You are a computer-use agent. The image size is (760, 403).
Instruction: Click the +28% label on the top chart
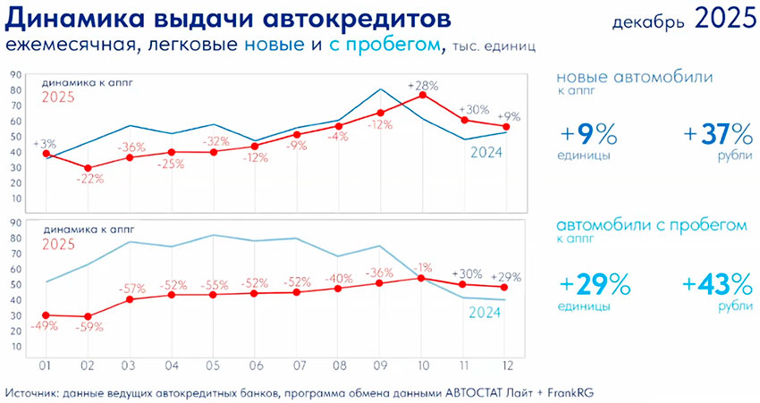tap(422, 86)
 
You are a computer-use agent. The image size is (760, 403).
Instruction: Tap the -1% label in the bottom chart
tap(421, 266)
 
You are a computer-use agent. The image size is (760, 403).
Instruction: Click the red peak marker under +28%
tap(422, 95)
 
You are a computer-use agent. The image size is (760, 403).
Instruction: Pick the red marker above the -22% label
tap(88, 168)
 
